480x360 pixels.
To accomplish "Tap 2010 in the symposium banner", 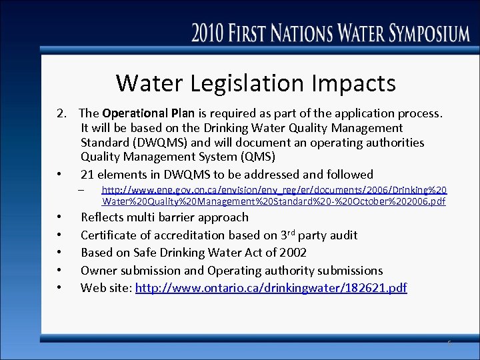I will click(x=211, y=32).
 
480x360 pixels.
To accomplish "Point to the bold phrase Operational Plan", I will click(x=147, y=113).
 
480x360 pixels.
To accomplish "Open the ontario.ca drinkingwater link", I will click(x=271, y=289).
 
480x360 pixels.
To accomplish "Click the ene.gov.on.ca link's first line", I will click(x=273, y=190).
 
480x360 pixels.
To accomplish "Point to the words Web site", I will click(x=106, y=289).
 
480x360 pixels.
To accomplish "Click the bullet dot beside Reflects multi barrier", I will click(x=59, y=217).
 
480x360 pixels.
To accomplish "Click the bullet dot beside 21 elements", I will click(x=59, y=175).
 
